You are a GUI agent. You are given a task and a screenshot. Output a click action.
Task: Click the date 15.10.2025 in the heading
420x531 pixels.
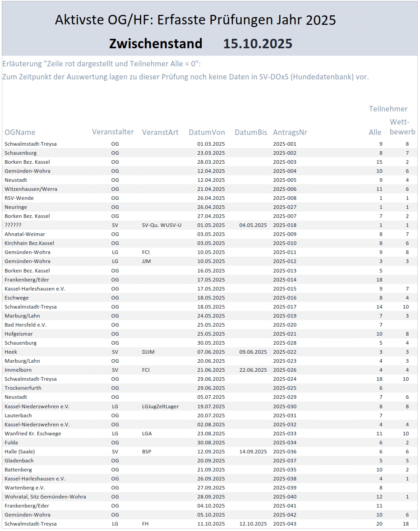point(258,44)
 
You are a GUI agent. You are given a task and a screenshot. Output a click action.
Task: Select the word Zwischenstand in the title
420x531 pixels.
point(156,44)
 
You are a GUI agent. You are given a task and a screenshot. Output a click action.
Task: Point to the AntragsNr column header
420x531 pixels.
point(290,132)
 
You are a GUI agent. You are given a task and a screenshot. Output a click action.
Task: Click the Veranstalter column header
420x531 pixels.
point(113,132)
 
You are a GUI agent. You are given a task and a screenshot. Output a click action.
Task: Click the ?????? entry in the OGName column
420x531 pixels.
point(13,225)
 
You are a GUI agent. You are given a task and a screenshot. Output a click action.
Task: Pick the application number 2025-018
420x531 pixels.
point(285,225)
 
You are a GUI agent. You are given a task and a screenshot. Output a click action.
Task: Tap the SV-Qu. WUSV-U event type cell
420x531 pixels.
point(162,225)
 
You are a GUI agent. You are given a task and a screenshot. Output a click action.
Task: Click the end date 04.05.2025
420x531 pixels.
point(253,225)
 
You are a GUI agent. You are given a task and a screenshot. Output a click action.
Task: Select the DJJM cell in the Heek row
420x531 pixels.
point(148,352)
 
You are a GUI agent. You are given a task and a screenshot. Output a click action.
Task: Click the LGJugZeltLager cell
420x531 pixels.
point(160,406)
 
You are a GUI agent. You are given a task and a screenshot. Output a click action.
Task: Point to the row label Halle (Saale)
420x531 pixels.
point(19,452)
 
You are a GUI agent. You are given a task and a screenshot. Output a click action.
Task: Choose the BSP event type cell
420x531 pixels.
point(147,452)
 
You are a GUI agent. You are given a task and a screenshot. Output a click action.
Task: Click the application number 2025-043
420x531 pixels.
point(285,524)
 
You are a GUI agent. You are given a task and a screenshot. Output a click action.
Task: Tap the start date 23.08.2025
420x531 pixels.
point(211,434)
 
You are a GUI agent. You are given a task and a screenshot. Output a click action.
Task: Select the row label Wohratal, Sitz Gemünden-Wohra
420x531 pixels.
point(45,497)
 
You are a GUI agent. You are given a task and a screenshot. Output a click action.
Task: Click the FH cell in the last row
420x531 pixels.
point(145,524)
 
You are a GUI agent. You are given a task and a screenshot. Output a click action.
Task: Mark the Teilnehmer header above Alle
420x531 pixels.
point(388,109)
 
